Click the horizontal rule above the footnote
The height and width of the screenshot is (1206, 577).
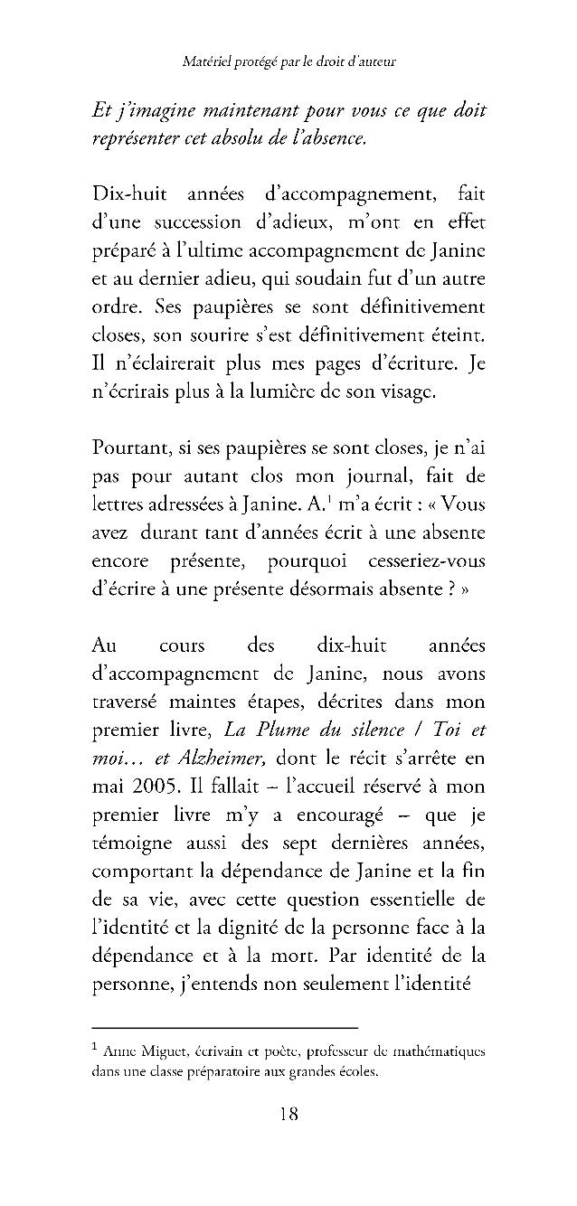225,1028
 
